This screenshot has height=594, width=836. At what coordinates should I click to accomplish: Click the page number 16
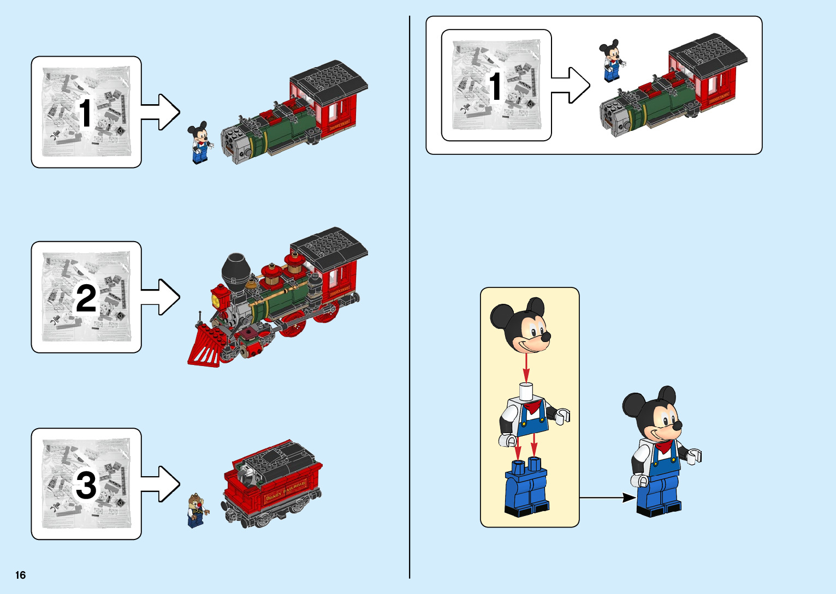point(21,575)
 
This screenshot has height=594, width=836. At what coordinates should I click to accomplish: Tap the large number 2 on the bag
point(86,299)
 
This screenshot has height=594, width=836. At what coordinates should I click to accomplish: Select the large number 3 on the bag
point(86,485)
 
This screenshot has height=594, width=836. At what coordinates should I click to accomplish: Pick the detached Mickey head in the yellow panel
point(521,325)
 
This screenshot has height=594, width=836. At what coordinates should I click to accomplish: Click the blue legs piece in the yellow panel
point(526,488)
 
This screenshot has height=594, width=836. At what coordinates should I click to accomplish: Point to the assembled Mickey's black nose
point(677,425)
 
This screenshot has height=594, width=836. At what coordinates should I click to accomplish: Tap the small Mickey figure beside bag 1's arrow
point(199,143)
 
